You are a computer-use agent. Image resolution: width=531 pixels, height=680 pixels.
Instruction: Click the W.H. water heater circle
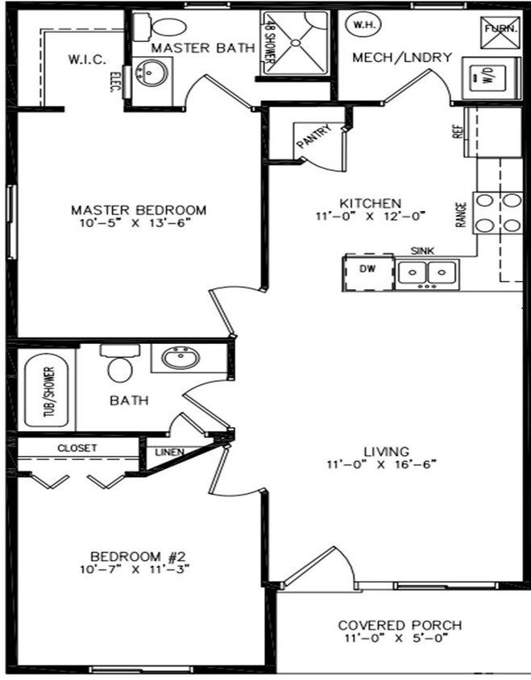(x=359, y=25)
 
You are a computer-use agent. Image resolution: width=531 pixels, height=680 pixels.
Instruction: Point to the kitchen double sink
(x=426, y=274)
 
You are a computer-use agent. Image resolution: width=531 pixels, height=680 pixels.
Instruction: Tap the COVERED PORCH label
(x=399, y=625)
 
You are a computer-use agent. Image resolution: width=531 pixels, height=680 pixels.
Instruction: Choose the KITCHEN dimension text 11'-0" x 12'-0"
(x=370, y=216)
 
